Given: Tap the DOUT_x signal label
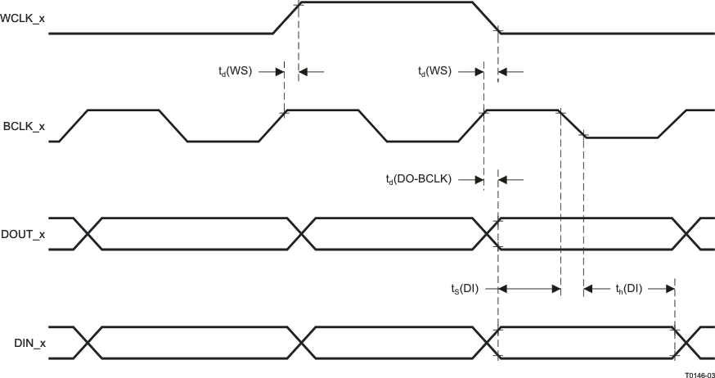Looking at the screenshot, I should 24,234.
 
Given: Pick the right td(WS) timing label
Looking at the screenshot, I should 434,72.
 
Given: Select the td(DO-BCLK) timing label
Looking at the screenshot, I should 418,178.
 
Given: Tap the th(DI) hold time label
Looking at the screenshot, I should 628,288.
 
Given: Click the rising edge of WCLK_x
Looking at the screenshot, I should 286,18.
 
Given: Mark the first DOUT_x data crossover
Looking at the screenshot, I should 87,234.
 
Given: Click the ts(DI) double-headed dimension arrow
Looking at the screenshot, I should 529,288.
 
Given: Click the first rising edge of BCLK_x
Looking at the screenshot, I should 72,126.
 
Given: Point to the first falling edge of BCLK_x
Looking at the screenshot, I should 174,126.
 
